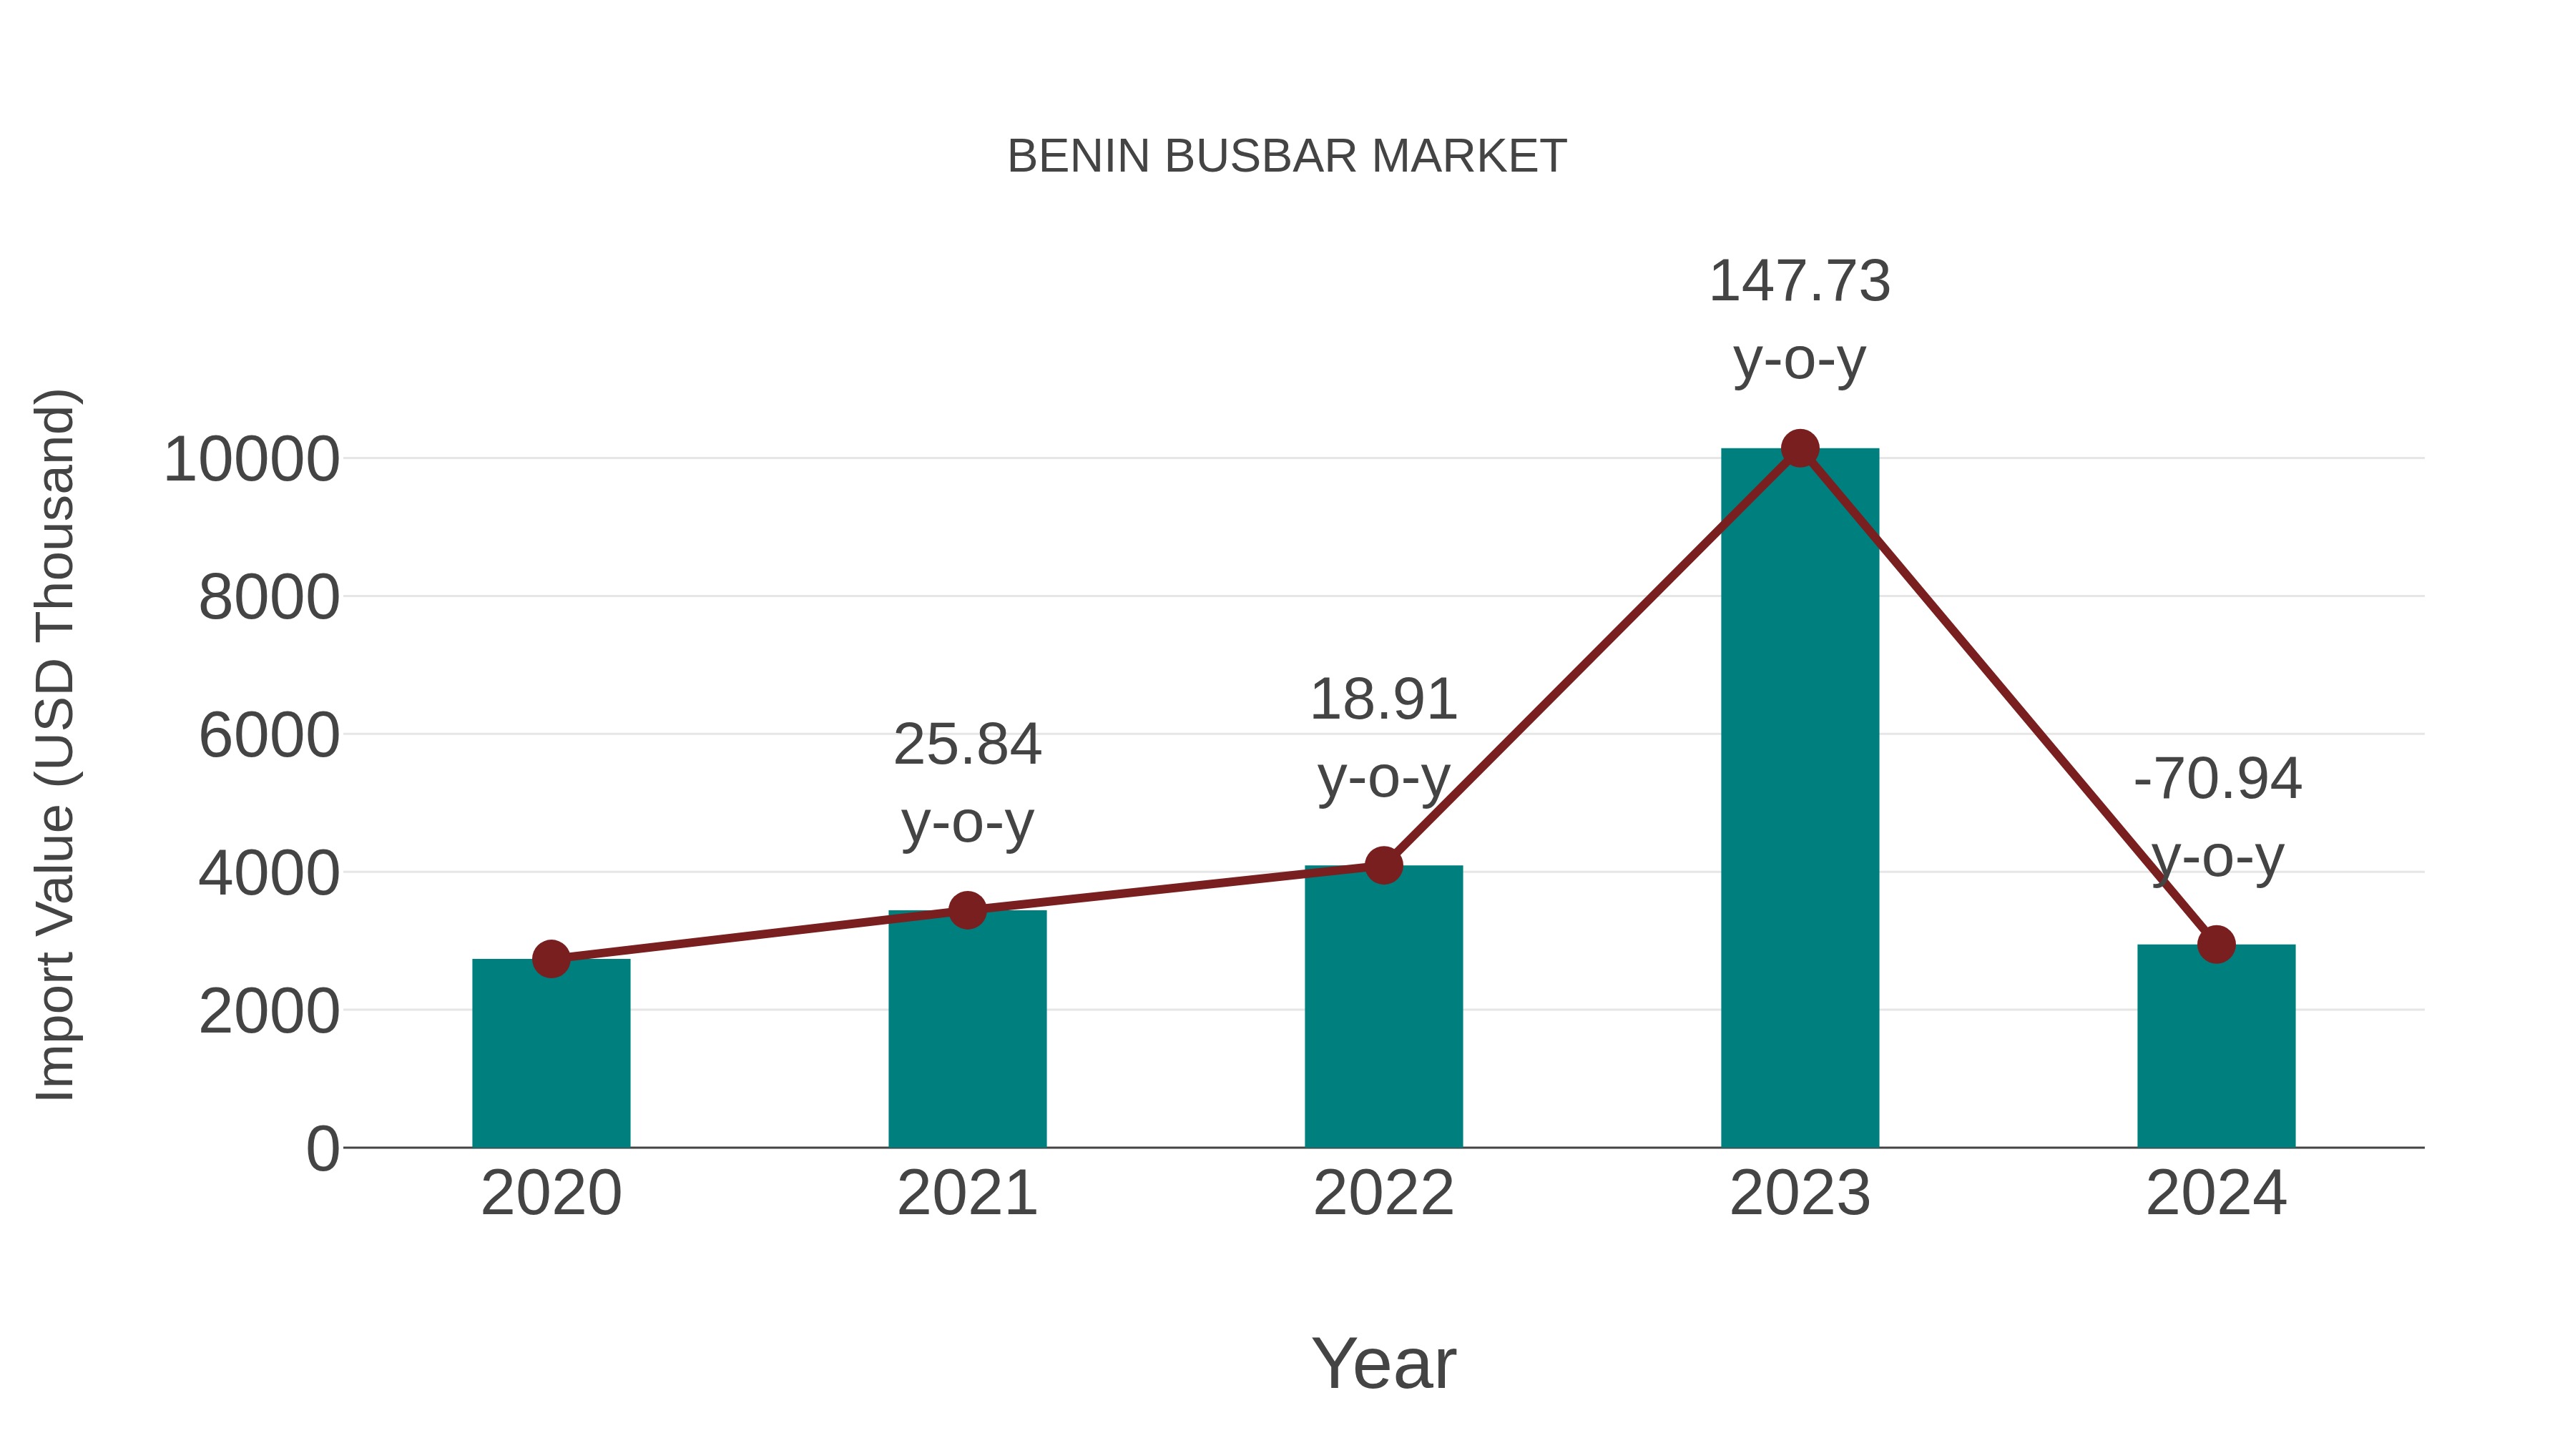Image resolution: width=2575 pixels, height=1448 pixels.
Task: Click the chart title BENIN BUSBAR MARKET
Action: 1287,157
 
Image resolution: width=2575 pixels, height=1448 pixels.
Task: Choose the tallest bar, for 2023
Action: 1800,799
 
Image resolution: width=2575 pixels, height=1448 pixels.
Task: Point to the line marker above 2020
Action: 551,960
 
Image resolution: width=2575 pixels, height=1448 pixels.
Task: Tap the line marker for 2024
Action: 2216,945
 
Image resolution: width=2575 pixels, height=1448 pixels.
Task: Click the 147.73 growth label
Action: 1800,282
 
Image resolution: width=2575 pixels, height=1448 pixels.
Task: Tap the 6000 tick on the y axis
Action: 269,737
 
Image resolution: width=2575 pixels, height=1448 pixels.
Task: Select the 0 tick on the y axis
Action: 322,1149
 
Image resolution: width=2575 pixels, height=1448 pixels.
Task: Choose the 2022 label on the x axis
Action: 1383,1194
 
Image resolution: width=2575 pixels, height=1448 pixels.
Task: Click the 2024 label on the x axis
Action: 2216,1194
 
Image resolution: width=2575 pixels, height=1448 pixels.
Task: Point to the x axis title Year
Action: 1383,1364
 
